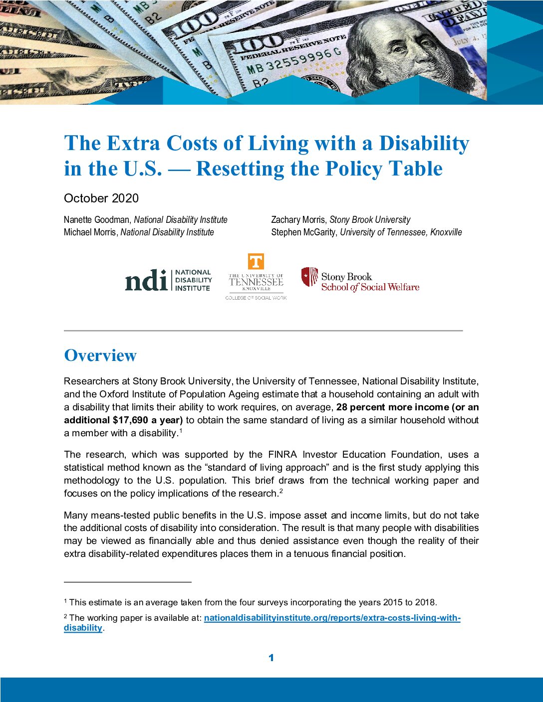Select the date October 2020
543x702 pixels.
coord(101,198)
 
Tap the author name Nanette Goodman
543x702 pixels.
coord(96,220)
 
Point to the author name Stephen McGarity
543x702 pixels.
coord(303,232)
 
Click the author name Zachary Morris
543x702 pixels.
coord(298,220)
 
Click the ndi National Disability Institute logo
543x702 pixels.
coord(168,280)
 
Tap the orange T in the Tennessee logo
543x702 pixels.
coord(256,262)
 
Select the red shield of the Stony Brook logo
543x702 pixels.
coord(309,277)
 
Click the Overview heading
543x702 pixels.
coord(100,355)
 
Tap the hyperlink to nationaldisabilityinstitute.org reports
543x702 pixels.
coord(332,618)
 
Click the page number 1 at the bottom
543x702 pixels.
coord(271,658)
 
